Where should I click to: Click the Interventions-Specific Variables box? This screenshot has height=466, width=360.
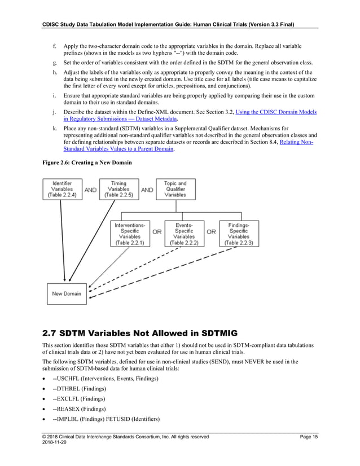click(130, 234)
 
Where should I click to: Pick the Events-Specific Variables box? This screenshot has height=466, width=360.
click(184, 234)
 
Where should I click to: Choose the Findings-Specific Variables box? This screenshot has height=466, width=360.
click(239, 234)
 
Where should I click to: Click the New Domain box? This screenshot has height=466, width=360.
click(67, 293)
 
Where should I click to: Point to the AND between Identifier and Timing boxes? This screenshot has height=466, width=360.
click(90, 190)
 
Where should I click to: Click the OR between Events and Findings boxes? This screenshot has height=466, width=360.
click(211, 232)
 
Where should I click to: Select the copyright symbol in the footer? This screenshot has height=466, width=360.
click(45, 437)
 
